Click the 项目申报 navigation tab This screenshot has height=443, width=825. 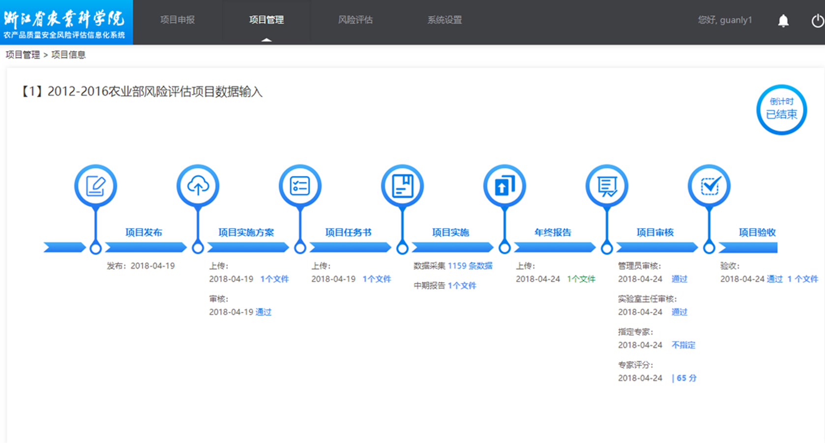click(177, 20)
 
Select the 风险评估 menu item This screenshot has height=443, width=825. click(355, 20)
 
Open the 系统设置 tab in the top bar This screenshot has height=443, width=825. click(444, 20)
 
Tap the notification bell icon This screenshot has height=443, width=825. click(783, 21)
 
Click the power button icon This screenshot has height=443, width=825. click(818, 21)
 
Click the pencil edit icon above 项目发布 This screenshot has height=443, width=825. click(96, 186)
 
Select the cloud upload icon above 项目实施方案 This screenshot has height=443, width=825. click(198, 186)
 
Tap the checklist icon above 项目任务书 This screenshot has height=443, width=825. click(300, 186)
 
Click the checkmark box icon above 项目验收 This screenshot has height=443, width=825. click(709, 186)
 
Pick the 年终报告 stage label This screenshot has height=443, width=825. click(553, 232)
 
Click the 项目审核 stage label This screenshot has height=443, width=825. click(655, 232)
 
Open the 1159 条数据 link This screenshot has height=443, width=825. click(470, 266)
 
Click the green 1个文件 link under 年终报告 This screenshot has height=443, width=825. click(581, 279)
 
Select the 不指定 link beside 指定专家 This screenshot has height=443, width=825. click(683, 345)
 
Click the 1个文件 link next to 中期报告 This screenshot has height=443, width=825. click(462, 286)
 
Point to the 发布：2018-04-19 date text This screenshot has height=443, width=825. click(141, 266)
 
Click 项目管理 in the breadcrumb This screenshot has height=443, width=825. click(23, 55)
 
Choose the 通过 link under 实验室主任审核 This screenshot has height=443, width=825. click(679, 312)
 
